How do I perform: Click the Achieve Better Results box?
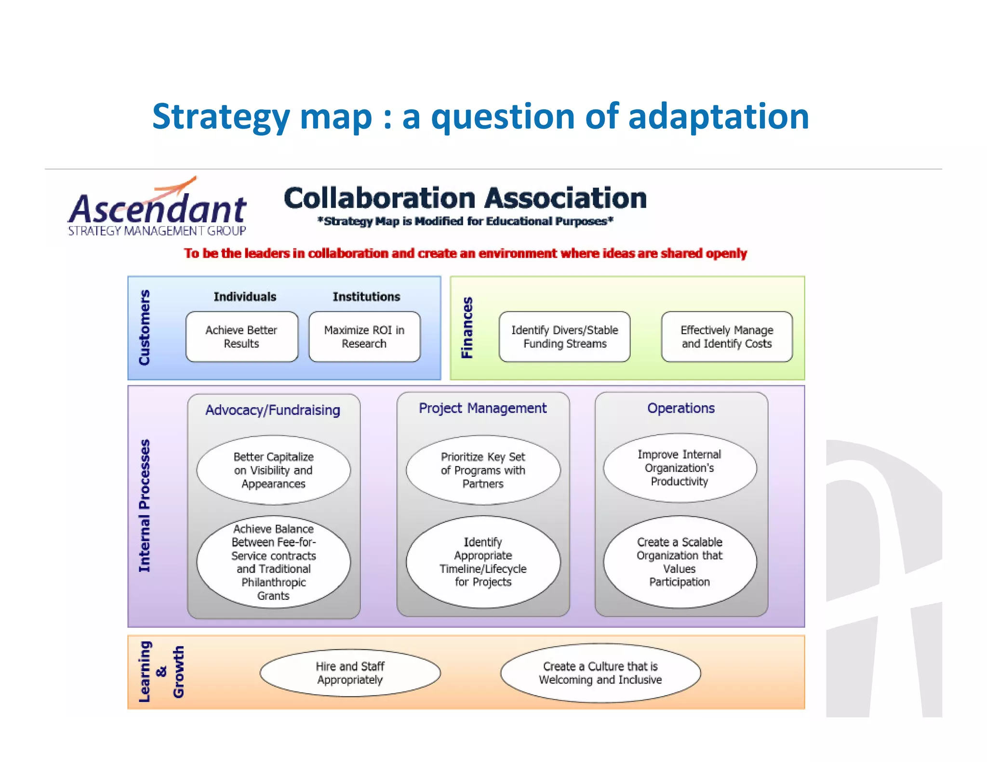coord(241,337)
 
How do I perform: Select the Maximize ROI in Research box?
coord(364,337)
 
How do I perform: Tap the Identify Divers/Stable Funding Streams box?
coord(564,337)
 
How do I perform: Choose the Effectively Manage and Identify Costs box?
coord(726,337)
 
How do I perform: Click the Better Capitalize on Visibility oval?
coord(273,470)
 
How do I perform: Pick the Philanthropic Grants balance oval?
coord(273,562)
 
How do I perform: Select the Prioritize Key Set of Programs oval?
coord(483,470)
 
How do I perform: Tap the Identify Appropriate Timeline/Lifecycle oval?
coord(483,562)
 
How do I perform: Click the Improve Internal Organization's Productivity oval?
coord(680,468)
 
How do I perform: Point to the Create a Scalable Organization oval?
coord(680,562)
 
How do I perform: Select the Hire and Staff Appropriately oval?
coord(350,673)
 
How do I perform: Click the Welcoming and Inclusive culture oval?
coord(600,673)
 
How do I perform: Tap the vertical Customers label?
coord(144,328)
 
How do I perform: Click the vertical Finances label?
coord(467,328)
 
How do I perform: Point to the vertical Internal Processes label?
coord(144,506)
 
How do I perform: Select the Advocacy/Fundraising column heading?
coord(273,410)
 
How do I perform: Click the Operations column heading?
coord(680,408)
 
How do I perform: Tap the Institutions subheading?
coord(366,297)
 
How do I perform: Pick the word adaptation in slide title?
coord(718,117)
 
